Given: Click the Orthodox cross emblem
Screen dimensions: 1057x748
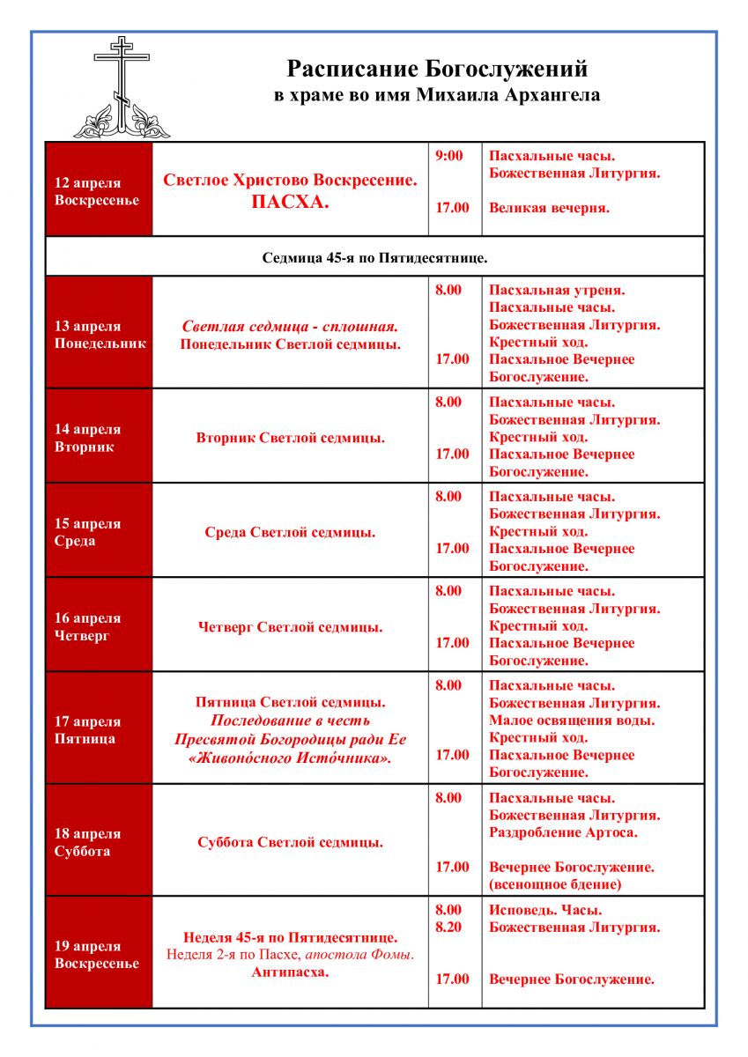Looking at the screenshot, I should pyautogui.click(x=121, y=88).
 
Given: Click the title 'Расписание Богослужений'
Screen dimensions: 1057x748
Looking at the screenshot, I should pyautogui.click(x=437, y=69).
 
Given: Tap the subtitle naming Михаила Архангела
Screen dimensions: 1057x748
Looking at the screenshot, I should pyautogui.click(x=437, y=95).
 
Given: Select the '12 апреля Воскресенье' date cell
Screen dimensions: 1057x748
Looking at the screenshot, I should pyautogui.click(x=99, y=191).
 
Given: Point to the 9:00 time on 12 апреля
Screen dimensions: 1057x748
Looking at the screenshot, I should pyautogui.click(x=449, y=156).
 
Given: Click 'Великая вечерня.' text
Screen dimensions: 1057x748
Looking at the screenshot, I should pyautogui.click(x=550, y=208).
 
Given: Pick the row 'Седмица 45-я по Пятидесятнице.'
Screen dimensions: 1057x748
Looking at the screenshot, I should pyautogui.click(x=374, y=258).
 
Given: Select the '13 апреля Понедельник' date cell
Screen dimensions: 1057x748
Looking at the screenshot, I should pyautogui.click(x=100, y=334).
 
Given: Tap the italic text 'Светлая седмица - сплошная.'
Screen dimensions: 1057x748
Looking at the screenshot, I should pyautogui.click(x=290, y=326).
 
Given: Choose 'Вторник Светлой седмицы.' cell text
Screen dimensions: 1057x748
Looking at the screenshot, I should pyautogui.click(x=290, y=438).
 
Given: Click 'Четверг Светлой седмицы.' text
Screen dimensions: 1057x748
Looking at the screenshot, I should pyautogui.click(x=290, y=627).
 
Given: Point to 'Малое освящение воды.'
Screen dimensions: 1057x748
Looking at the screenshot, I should pyautogui.click(x=573, y=721).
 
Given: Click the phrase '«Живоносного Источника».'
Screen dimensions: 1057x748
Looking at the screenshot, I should pyautogui.click(x=290, y=758).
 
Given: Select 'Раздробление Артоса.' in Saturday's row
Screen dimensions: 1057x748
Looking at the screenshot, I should pyautogui.click(x=563, y=832).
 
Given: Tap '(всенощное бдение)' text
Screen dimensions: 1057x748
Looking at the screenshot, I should pyautogui.click(x=555, y=884).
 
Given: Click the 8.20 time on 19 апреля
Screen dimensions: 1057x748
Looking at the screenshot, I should pyautogui.click(x=448, y=928).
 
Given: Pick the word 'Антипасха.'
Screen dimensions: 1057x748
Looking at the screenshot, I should pyautogui.click(x=290, y=972).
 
